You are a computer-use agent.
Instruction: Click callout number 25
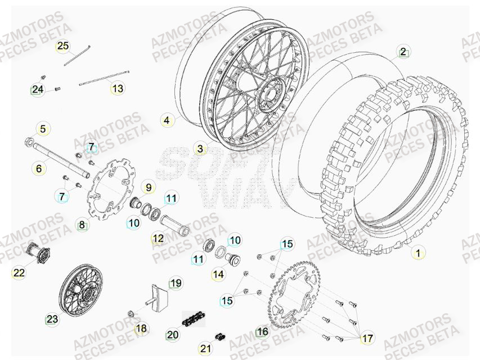pyautogui.click(x=62, y=46)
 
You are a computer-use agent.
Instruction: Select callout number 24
pyautogui.click(x=38, y=89)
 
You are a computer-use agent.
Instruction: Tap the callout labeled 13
pyautogui.click(x=118, y=88)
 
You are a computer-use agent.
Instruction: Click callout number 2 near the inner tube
pyautogui.click(x=403, y=52)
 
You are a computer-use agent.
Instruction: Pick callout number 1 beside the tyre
pyautogui.click(x=417, y=253)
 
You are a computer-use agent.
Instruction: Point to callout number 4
pyautogui.click(x=166, y=120)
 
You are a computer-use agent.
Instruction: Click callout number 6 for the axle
pyautogui.click(x=39, y=168)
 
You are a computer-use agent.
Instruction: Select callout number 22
pyautogui.click(x=19, y=273)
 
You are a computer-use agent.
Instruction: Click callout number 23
pyautogui.click(x=52, y=319)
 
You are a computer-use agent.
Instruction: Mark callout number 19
pyautogui.click(x=176, y=283)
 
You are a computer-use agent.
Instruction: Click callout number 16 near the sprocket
pyautogui.click(x=262, y=332)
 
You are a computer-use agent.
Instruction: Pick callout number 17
pyautogui.click(x=367, y=339)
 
